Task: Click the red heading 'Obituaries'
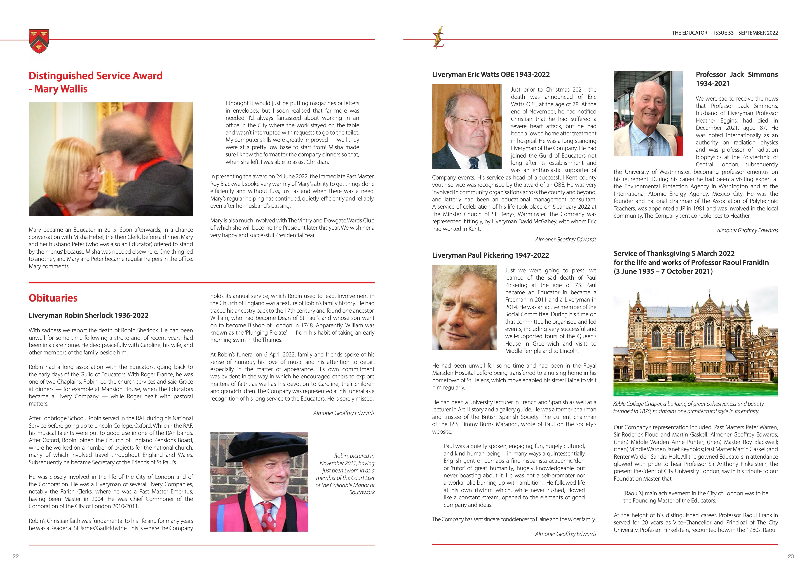pyautogui.click(x=53, y=298)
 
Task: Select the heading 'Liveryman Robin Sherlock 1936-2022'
pyautogui.click(x=89, y=315)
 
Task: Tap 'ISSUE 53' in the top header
pyautogui.click(x=723, y=33)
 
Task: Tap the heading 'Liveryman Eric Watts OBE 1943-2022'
pyautogui.click(x=491, y=75)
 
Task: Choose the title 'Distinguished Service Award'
pyautogui.click(x=96, y=76)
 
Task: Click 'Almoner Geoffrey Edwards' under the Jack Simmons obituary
pyautogui.click(x=747, y=231)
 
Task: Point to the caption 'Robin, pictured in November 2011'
pyautogui.click(x=345, y=474)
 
